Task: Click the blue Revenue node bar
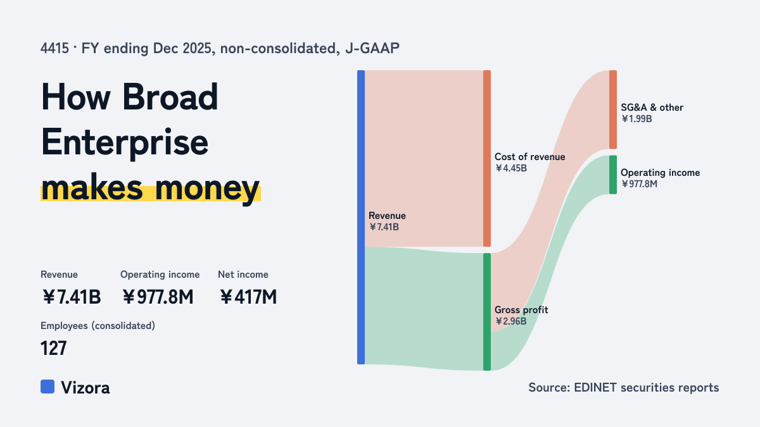(x=361, y=217)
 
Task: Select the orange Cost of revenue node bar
(x=487, y=158)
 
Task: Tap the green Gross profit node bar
(x=487, y=312)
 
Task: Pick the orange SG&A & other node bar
(x=613, y=109)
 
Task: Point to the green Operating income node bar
(x=613, y=175)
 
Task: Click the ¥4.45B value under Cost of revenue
(x=511, y=168)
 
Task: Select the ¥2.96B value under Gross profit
(x=511, y=321)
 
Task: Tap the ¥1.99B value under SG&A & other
(x=636, y=119)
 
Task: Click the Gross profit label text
(x=521, y=310)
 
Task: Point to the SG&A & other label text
(x=652, y=108)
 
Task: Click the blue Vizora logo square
(x=47, y=387)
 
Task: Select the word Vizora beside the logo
(x=85, y=388)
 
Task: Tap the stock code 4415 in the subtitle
(x=54, y=49)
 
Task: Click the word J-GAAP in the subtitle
(x=372, y=49)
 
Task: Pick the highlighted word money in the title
(x=207, y=188)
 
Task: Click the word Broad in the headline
(x=170, y=97)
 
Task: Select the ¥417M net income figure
(x=248, y=297)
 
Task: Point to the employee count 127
(x=54, y=349)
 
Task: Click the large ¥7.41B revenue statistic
(x=72, y=297)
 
